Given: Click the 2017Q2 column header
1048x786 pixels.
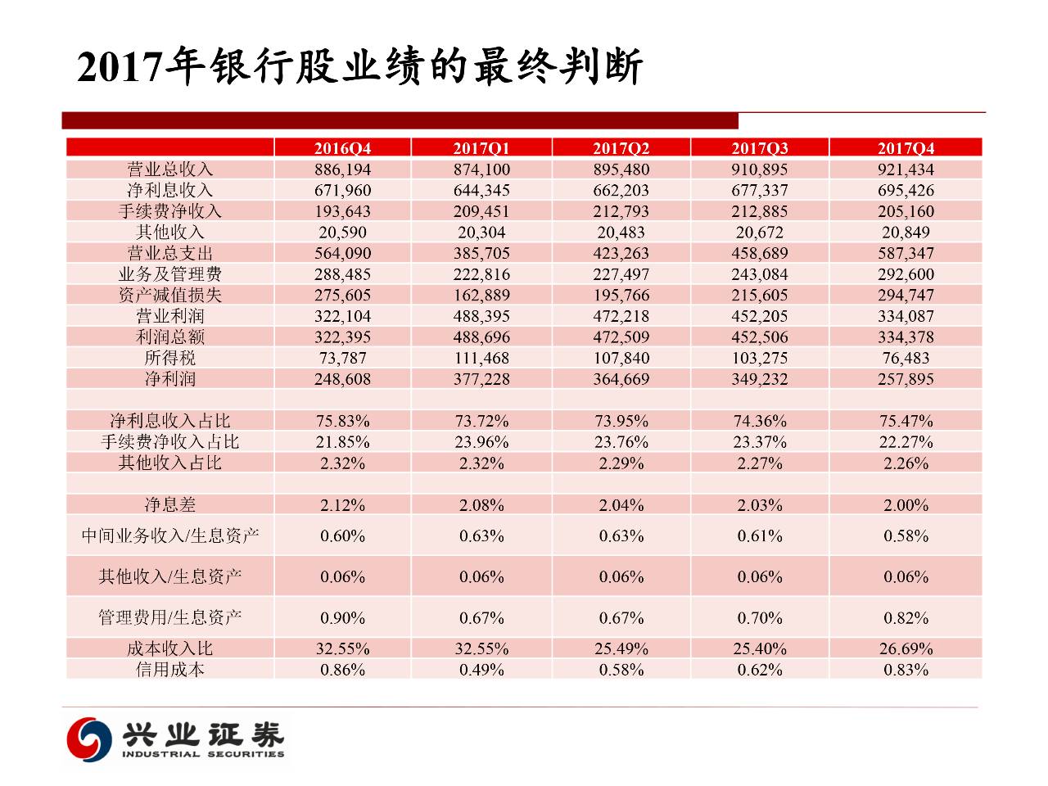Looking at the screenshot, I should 621,148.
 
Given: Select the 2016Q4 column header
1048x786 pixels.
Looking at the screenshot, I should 342,148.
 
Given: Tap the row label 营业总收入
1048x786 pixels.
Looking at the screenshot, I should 170,169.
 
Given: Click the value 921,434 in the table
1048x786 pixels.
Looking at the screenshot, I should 906,169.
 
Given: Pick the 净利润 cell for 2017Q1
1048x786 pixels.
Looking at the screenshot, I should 481,379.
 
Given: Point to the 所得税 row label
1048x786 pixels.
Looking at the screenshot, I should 170,358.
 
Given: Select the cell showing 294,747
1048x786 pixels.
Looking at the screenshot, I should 906,295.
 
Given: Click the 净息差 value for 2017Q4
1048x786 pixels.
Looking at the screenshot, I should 906,505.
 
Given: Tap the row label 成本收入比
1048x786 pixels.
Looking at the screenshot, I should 170,648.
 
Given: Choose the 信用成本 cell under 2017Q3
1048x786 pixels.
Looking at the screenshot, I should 760,670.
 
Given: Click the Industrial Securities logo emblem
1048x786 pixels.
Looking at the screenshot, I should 88,738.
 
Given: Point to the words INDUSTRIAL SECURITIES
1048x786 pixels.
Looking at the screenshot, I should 203,754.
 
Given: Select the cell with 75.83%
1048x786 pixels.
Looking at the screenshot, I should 342,421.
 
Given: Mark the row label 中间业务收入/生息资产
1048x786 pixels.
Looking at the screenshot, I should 170,536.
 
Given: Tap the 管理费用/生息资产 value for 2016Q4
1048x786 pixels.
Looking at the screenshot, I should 342,618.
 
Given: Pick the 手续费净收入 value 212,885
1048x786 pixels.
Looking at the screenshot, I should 760,211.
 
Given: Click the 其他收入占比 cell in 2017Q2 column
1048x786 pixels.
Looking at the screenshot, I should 621,463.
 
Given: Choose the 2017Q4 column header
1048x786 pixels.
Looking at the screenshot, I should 906,148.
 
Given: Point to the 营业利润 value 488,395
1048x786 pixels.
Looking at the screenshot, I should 481,316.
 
